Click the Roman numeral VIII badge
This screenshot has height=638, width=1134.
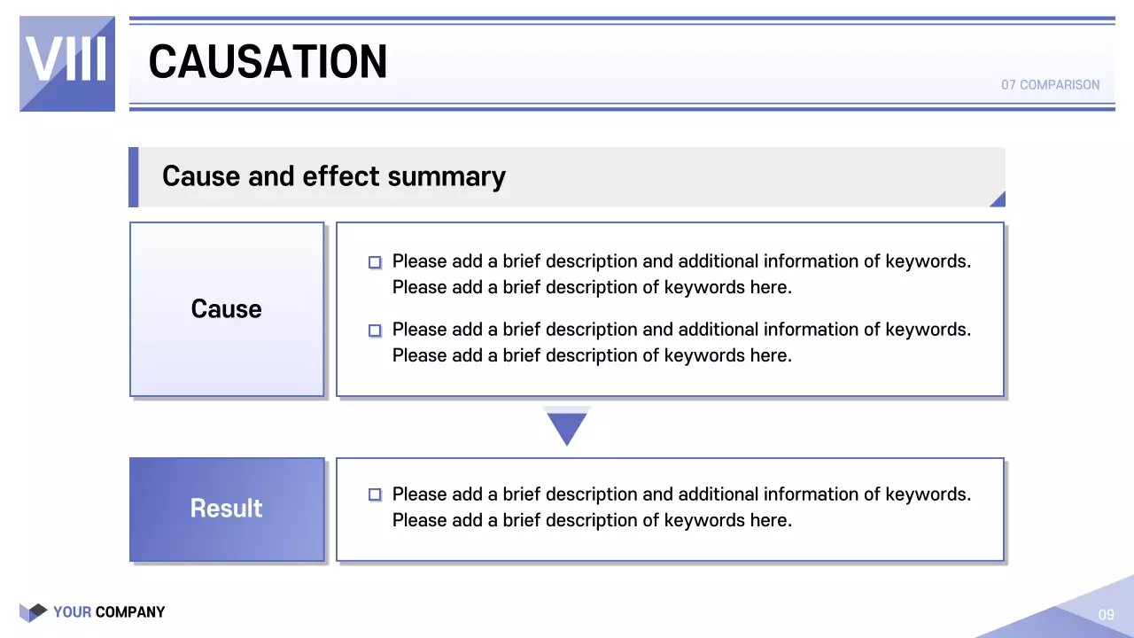67,63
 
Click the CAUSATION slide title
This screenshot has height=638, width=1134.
268,62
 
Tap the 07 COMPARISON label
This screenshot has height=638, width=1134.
1050,85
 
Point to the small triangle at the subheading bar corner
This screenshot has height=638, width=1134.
998,199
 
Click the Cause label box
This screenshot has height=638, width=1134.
227,308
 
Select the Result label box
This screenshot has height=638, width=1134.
227,509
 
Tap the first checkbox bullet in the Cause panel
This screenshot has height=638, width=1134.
375,262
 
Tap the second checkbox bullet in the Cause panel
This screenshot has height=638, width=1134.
375,331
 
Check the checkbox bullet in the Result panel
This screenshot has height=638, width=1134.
375,494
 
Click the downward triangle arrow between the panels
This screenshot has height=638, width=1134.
567,427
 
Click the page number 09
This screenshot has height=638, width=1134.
1106,615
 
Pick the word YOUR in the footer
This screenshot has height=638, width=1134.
72,612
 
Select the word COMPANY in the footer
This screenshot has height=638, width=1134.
130,612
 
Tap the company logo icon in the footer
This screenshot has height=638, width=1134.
33,611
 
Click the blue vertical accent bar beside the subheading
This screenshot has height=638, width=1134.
134,177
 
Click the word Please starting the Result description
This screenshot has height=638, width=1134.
419,494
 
